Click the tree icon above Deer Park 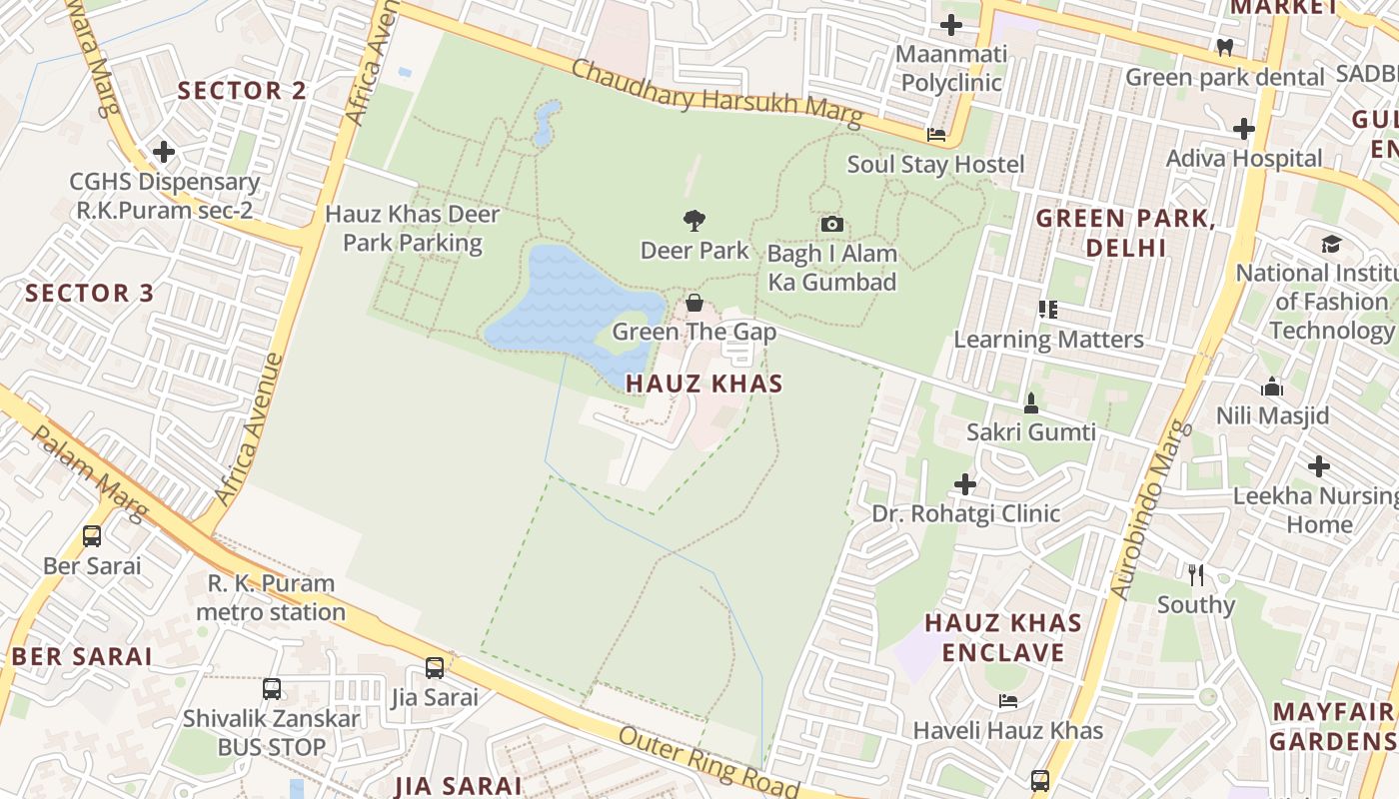click(695, 220)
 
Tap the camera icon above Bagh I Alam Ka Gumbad click(831, 224)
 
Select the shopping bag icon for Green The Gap click(695, 303)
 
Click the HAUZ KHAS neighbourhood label click(704, 384)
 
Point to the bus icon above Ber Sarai click(92, 536)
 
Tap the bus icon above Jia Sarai click(435, 667)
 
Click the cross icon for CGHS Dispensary click(164, 152)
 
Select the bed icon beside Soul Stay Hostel click(936, 134)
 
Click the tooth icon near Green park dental click(1225, 47)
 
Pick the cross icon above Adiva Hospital click(1244, 128)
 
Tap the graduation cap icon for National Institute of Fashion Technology click(1331, 244)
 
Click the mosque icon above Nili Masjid click(1272, 387)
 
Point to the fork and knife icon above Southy click(1196, 574)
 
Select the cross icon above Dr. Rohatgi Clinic click(965, 484)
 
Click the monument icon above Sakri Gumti click(1031, 402)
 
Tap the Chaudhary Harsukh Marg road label click(716, 95)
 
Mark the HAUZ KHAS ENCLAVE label click(1003, 638)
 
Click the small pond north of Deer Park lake click(546, 124)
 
